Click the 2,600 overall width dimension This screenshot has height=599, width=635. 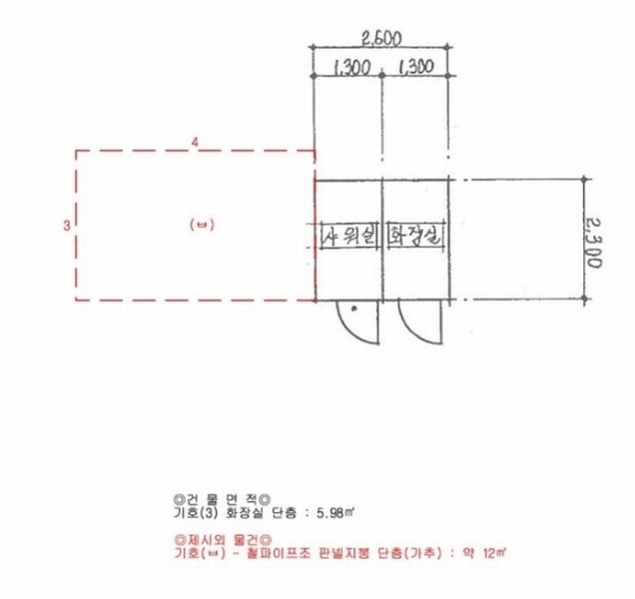(x=381, y=39)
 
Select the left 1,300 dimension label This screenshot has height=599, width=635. (x=351, y=68)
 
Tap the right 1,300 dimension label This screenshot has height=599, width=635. (x=416, y=67)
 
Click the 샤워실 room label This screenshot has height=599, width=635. (x=348, y=236)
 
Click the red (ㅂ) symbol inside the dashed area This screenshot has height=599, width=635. (x=202, y=225)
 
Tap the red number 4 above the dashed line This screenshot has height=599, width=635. (x=196, y=143)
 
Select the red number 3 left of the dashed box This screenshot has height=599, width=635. (x=67, y=226)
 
